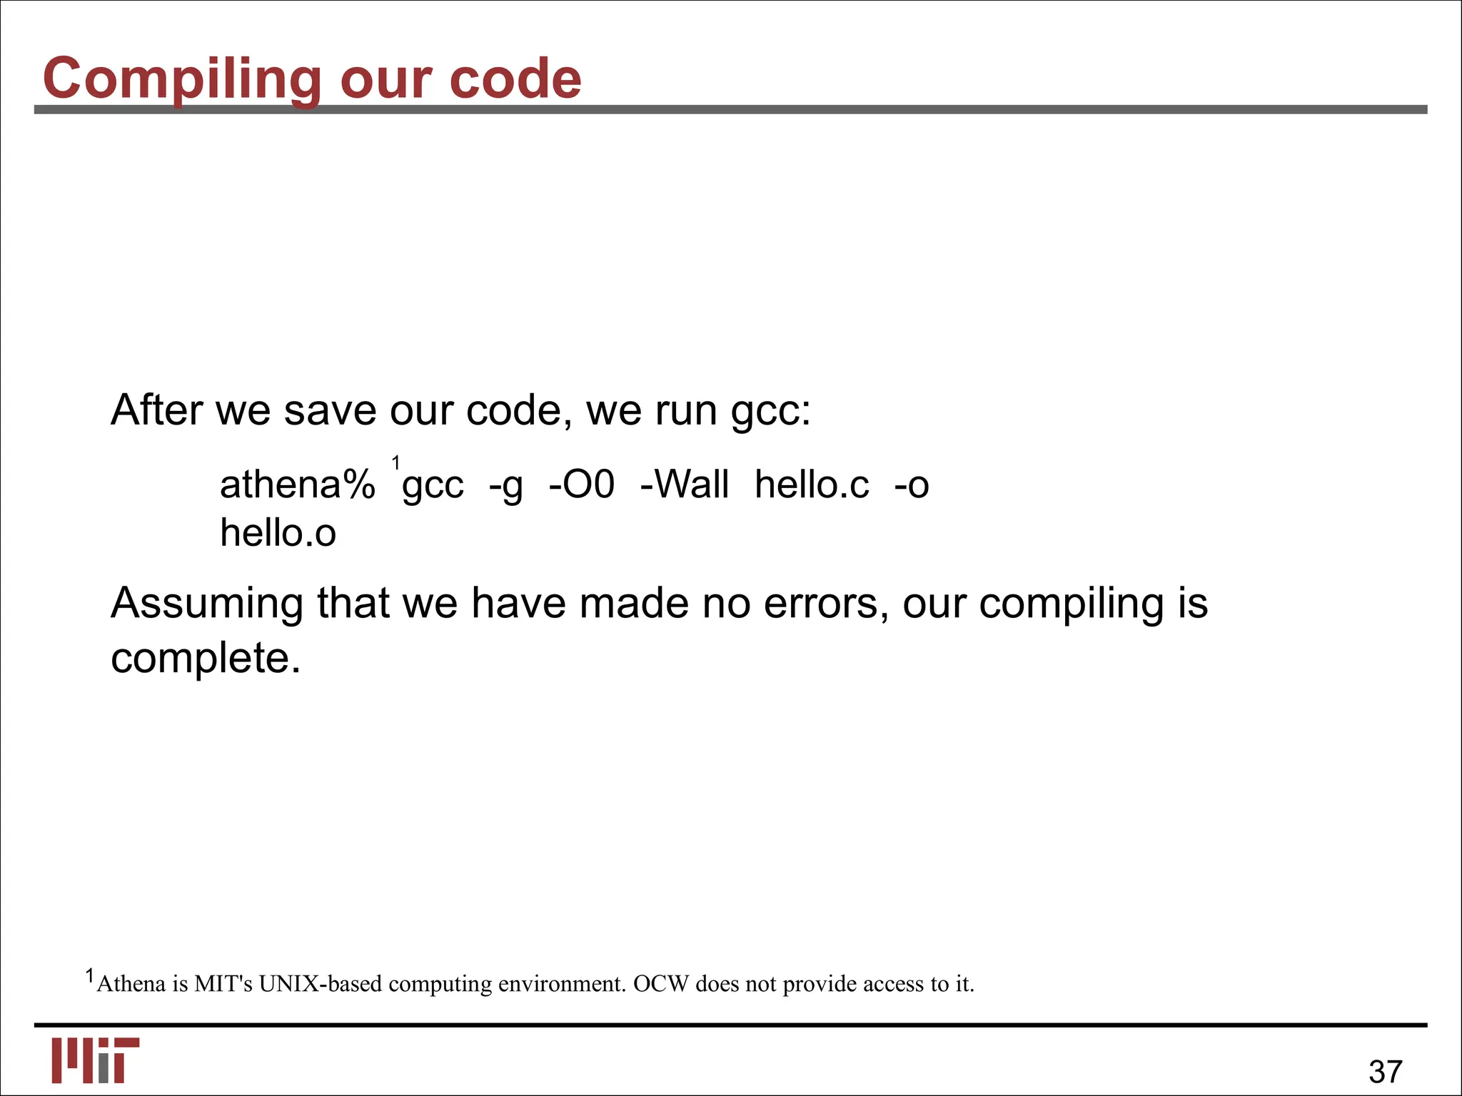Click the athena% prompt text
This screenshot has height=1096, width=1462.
click(297, 484)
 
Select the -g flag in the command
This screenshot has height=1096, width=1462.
click(506, 486)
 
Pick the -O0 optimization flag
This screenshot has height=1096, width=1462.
click(581, 484)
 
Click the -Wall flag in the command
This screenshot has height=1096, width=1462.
click(685, 484)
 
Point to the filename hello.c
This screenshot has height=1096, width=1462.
click(812, 484)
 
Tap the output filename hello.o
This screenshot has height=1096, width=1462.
click(278, 533)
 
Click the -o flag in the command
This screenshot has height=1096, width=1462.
click(912, 484)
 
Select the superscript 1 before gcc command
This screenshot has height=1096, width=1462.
click(396, 464)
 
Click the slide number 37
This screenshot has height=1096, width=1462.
click(1386, 1071)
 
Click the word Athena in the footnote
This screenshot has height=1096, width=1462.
click(131, 984)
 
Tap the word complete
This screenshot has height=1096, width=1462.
click(206, 658)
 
